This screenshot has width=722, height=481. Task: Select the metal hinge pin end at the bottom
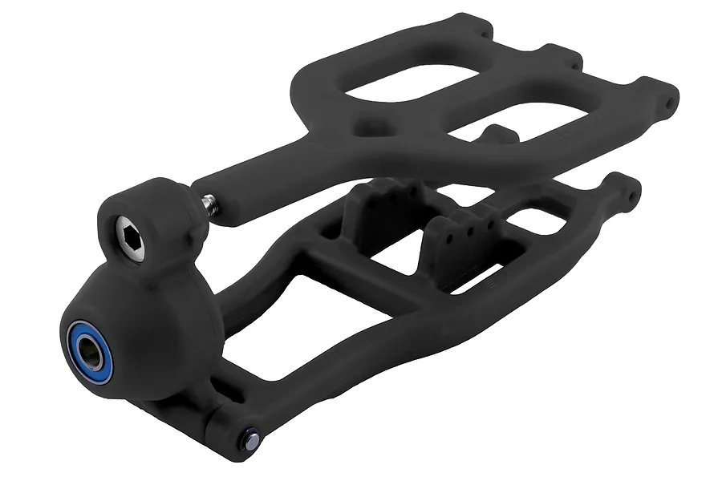[252, 439]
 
